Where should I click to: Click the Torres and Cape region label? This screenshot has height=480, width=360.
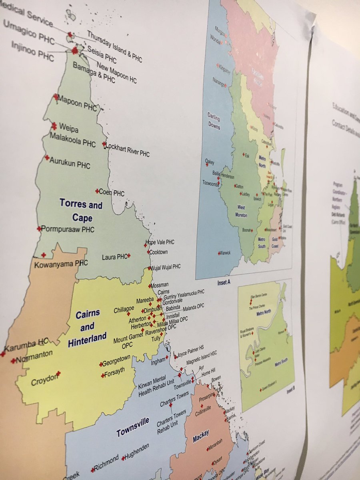(82, 211)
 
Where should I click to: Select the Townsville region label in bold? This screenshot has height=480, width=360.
(133, 427)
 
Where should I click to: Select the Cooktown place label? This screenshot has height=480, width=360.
(158, 252)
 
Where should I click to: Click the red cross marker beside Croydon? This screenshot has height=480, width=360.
(58, 373)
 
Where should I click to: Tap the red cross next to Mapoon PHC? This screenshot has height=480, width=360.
(56, 96)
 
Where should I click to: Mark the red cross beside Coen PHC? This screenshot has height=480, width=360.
(97, 191)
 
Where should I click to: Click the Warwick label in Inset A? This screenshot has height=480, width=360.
(225, 253)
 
